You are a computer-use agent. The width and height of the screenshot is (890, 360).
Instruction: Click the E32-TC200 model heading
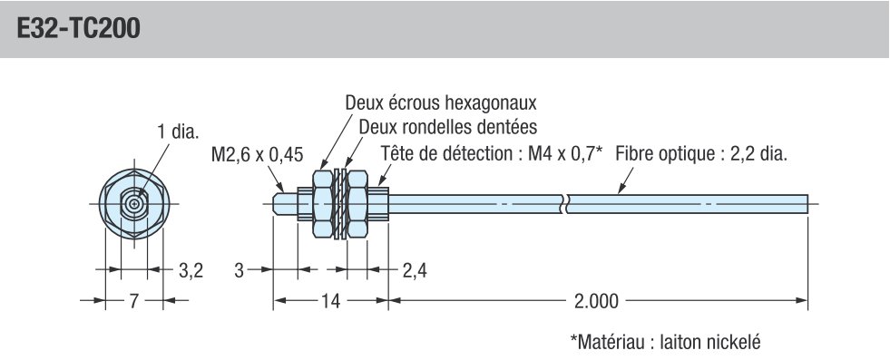(x=77, y=29)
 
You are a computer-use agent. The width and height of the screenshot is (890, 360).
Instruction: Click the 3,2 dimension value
(x=190, y=269)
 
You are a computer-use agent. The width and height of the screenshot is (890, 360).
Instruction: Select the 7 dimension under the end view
(x=132, y=301)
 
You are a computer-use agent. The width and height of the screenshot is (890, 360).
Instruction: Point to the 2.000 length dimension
(x=597, y=301)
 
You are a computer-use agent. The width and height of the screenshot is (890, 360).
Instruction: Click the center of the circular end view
(x=134, y=205)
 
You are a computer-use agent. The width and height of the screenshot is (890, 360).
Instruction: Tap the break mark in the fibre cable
(x=566, y=204)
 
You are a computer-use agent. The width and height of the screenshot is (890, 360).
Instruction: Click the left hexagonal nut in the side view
(x=320, y=204)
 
